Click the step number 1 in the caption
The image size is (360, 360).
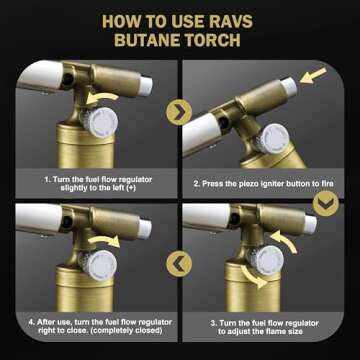[46, 178]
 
